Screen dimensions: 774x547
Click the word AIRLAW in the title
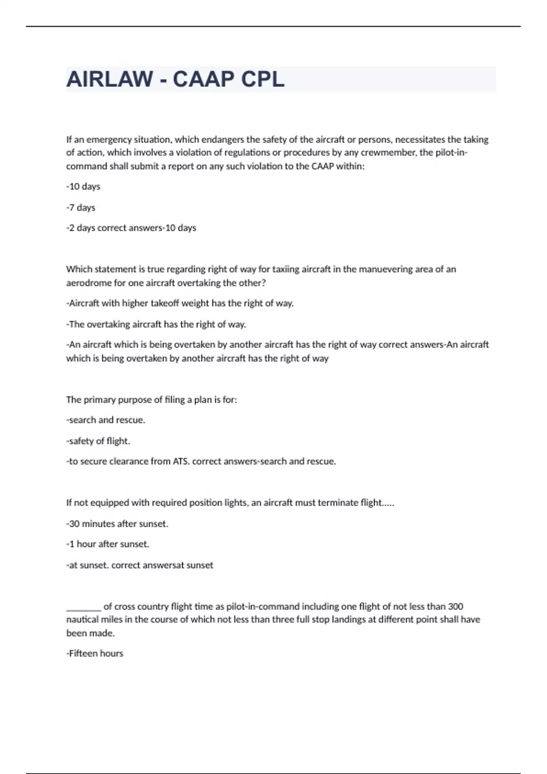click(110, 79)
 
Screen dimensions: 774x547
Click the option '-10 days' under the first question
click(83, 187)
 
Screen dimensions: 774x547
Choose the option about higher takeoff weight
click(180, 304)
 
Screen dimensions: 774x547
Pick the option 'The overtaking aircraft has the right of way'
click(156, 325)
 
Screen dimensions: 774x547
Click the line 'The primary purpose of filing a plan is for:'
click(151, 400)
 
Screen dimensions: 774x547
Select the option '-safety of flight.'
click(98, 441)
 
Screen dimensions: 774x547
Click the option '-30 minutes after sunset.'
click(117, 524)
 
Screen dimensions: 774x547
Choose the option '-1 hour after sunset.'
click(108, 545)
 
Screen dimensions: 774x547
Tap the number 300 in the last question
click(455, 607)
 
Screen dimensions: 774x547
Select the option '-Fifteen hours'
click(95, 654)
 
